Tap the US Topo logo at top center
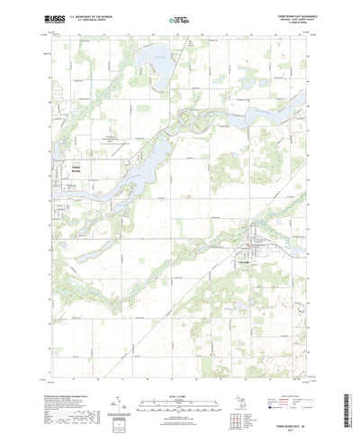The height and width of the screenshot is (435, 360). (x=180, y=17)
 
